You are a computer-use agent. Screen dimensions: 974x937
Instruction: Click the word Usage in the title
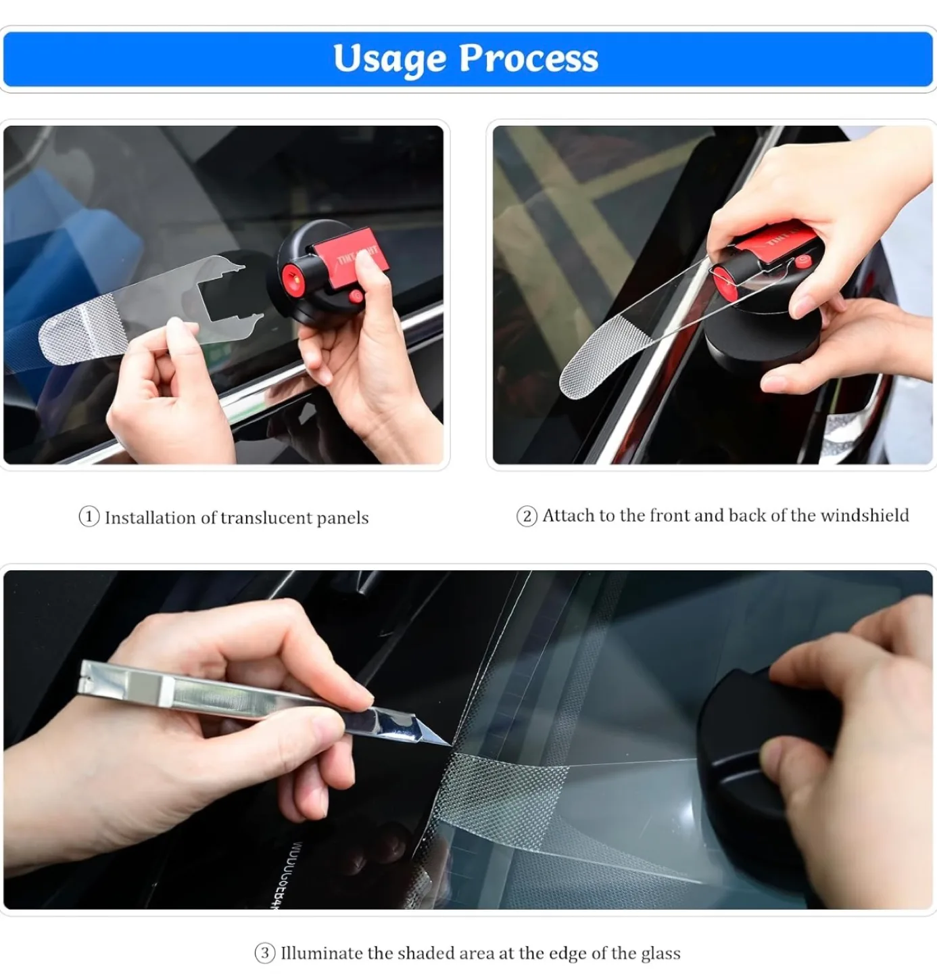pos(389,58)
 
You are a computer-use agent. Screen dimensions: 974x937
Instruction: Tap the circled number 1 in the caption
pos(89,517)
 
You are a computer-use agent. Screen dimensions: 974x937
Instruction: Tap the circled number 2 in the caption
pos(527,517)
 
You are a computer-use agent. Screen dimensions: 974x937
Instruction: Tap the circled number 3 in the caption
pos(264,954)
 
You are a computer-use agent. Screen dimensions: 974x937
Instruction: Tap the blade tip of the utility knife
pos(446,744)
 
